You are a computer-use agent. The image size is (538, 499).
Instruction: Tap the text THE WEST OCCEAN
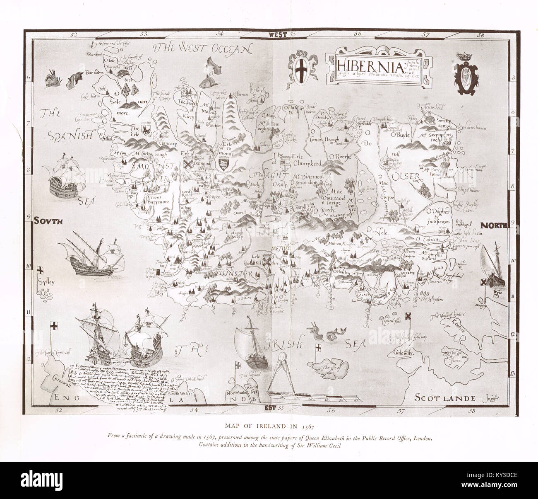click(202, 49)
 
